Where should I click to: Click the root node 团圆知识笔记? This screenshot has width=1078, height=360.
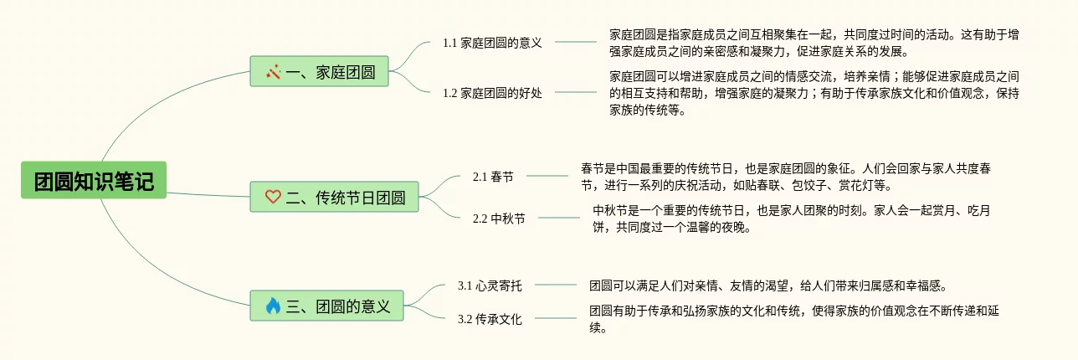pyautogui.click(x=94, y=180)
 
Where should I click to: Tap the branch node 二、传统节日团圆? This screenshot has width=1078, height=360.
pyautogui.click(x=333, y=197)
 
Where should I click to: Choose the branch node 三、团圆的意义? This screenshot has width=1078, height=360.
pyautogui.click(x=326, y=306)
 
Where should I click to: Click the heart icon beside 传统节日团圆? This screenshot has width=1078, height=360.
pyautogui.click(x=273, y=198)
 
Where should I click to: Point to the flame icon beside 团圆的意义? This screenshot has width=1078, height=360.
pyautogui.click(x=273, y=306)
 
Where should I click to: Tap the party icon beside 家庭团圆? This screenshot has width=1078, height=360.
pyautogui.click(x=273, y=72)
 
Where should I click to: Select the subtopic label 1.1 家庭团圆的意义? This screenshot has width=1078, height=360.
pyautogui.click(x=492, y=43)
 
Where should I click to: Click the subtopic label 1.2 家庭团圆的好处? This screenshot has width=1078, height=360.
pyautogui.click(x=492, y=93)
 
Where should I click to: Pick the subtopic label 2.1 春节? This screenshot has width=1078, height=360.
pyautogui.click(x=493, y=177)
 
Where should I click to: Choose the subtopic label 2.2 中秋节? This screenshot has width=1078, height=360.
pyautogui.click(x=499, y=219)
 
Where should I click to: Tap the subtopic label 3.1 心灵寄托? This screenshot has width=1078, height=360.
pyautogui.click(x=490, y=285)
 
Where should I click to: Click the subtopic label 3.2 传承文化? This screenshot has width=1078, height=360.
pyautogui.click(x=490, y=319)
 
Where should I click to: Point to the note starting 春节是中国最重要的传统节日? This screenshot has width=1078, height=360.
pyautogui.click(x=786, y=177)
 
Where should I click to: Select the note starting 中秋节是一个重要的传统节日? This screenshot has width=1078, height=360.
pyautogui.click(x=791, y=219)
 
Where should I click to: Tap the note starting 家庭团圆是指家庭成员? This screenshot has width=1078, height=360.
pyautogui.click(x=814, y=43)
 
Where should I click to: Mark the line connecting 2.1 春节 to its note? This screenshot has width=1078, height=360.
pyautogui.click(x=547, y=177)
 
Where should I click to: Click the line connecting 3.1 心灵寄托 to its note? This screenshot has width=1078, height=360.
pyautogui.click(x=556, y=285)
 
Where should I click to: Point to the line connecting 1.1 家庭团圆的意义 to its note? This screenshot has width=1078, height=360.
pyautogui.click(x=576, y=42)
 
